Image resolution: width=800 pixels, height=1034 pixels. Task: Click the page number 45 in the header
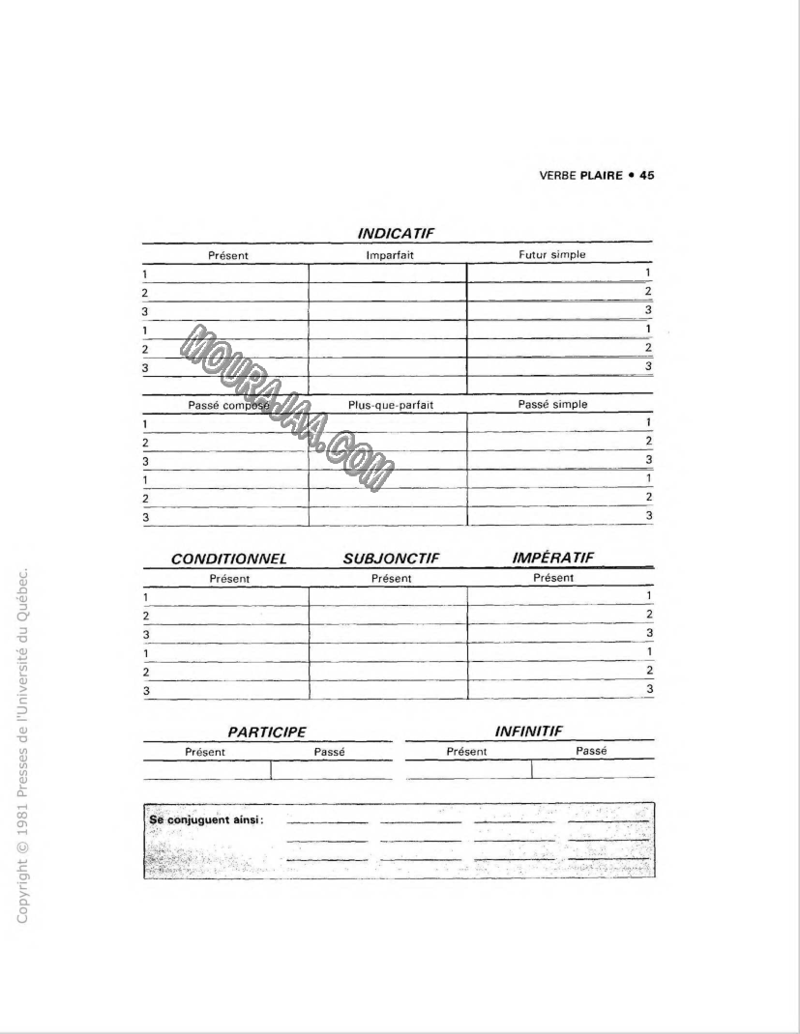click(x=647, y=176)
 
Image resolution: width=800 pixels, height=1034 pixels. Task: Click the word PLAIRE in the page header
click(x=601, y=176)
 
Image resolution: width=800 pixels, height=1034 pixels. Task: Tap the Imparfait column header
click(x=389, y=255)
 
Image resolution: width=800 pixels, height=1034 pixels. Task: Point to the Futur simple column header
click(x=552, y=254)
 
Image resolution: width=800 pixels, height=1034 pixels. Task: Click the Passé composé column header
click(x=227, y=405)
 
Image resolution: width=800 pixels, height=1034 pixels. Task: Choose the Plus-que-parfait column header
click(x=391, y=405)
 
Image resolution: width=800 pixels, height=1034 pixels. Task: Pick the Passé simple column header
click(x=552, y=404)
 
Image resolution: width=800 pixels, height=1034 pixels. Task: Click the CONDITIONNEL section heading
click(x=229, y=560)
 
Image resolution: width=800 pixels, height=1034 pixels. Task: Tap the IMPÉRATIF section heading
click(x=552, y=558)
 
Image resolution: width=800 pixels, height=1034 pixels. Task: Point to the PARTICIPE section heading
click(x=267, y=733)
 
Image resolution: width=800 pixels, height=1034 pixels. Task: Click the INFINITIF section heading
click(x=529, y=732)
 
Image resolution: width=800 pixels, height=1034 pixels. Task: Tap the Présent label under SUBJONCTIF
click(x=392, y=578)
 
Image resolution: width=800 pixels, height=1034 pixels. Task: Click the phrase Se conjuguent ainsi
click(x=207, y=819)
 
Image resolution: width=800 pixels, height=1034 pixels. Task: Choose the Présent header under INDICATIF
click(x=228, y=255)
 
